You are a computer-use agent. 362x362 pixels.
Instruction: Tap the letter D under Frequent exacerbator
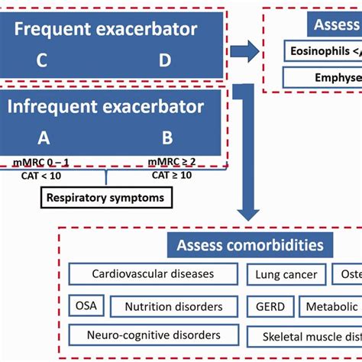click(x=165, y=60)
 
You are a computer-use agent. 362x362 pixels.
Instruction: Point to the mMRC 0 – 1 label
click(x=43, y=161)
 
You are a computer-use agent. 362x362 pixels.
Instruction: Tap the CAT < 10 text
click(x=43, y=176)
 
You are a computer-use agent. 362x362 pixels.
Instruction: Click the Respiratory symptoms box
click(x=106, y=198)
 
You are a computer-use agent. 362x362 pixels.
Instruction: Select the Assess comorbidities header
click(x=250, y=245)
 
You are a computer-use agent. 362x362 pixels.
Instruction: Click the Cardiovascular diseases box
click(x=153, y=273)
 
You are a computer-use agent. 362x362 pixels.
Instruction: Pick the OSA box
click(x=85, y=305)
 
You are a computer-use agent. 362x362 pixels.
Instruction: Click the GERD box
click(x=270, y=306)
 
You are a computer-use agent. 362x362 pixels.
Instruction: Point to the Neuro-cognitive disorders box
click(x=154, y=335)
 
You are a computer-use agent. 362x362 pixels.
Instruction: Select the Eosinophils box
click(x=321, y=51)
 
